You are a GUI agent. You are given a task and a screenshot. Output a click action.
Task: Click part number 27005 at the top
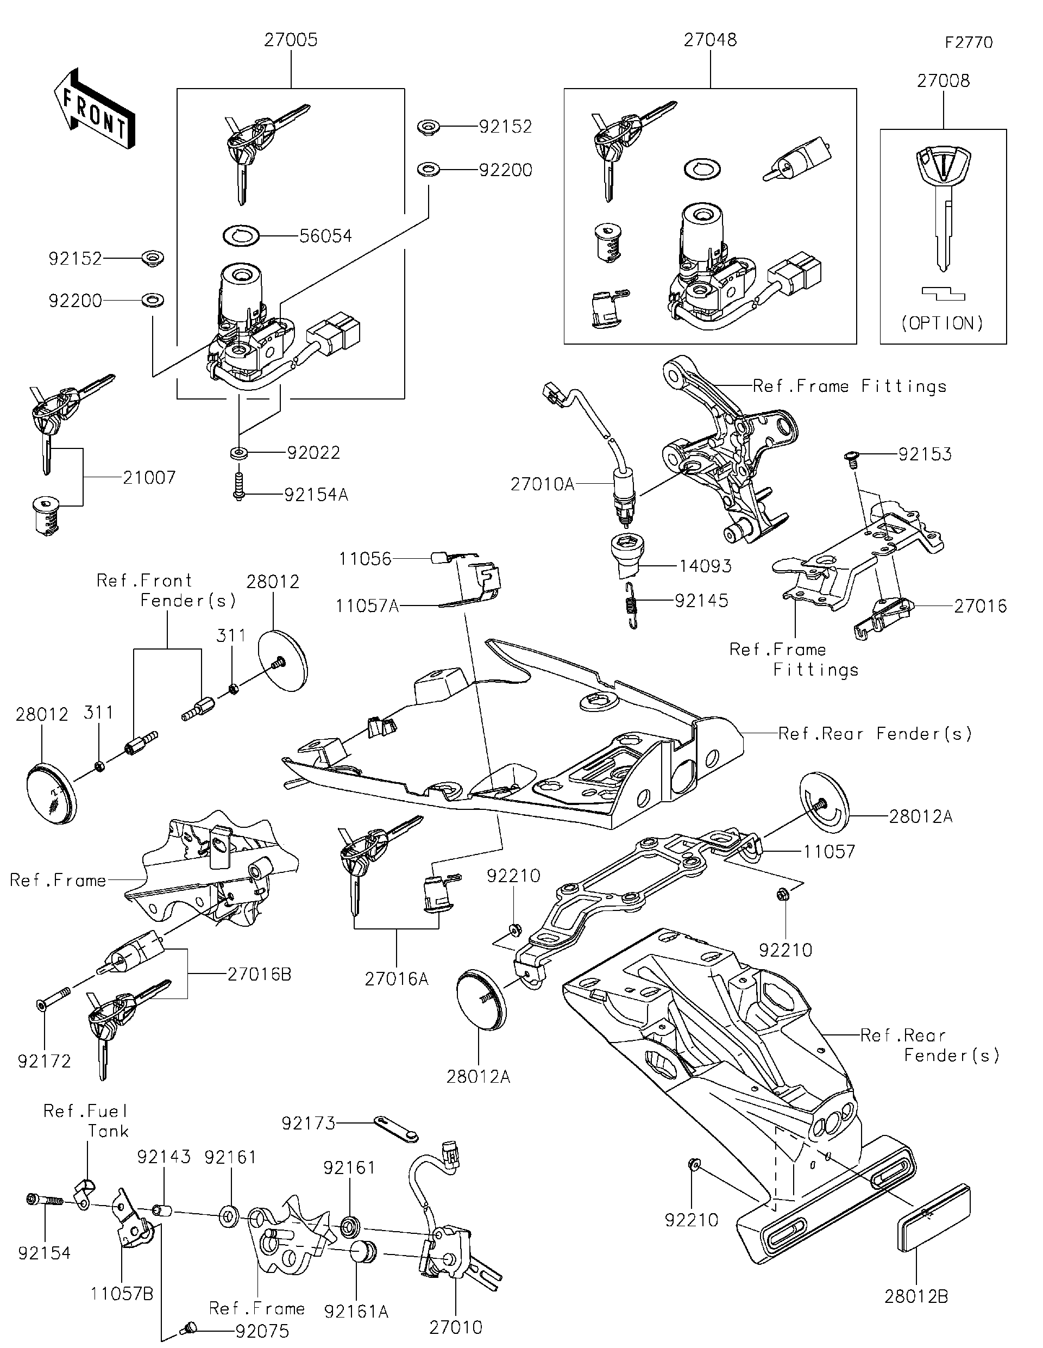(291, 40)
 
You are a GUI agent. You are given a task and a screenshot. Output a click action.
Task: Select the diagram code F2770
(969, 42)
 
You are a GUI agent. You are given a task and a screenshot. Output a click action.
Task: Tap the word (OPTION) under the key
(942, 323)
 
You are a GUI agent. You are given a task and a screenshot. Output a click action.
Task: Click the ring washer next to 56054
(241, 235)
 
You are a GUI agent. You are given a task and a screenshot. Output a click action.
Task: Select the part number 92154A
(316, 495)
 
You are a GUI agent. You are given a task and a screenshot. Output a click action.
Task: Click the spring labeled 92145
(630, 605)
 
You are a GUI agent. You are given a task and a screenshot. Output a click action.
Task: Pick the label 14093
(705, 566)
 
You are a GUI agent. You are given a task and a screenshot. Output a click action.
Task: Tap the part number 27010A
(542, 484)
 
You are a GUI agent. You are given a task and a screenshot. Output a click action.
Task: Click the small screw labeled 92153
(851, 457)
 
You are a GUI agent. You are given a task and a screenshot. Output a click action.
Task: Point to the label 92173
(308, 1124)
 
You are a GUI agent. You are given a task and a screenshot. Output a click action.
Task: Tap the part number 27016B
(259, 974)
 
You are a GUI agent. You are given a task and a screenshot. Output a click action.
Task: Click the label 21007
(149, 477)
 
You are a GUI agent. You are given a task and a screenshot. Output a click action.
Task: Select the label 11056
(365, 559)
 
